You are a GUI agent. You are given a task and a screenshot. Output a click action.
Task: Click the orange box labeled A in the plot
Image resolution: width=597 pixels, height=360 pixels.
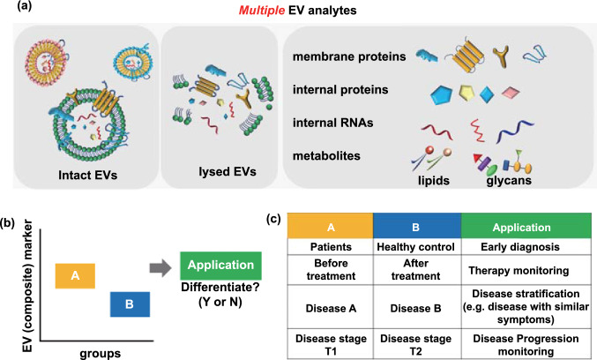point(75,276)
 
